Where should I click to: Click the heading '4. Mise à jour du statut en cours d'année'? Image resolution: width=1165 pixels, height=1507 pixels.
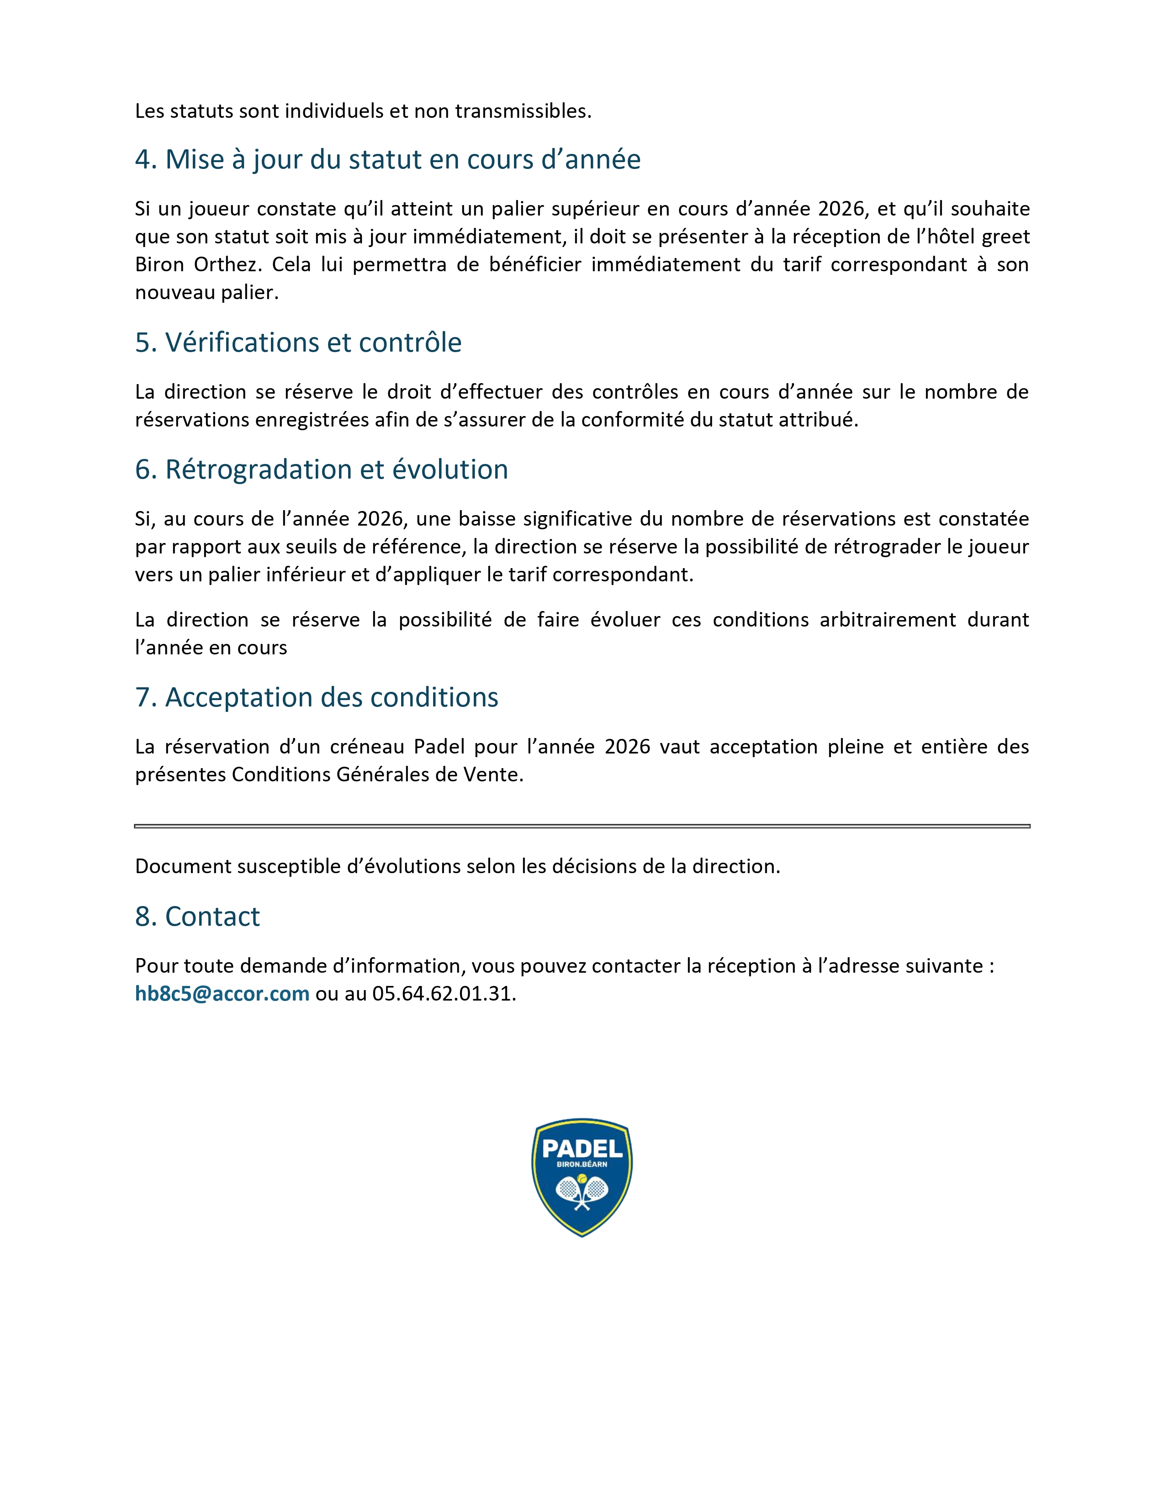[x=387, y=159]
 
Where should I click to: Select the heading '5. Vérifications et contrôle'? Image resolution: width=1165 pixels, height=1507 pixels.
[x=298, y=342]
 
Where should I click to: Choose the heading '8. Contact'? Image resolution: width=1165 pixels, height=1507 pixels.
[x=197, y=917]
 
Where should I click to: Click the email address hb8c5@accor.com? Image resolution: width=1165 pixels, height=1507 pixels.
[x=222, y=994]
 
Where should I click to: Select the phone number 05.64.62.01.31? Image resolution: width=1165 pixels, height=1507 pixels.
[x=444, y=994]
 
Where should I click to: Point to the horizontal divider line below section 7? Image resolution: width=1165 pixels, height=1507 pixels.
[x=582, y=826]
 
